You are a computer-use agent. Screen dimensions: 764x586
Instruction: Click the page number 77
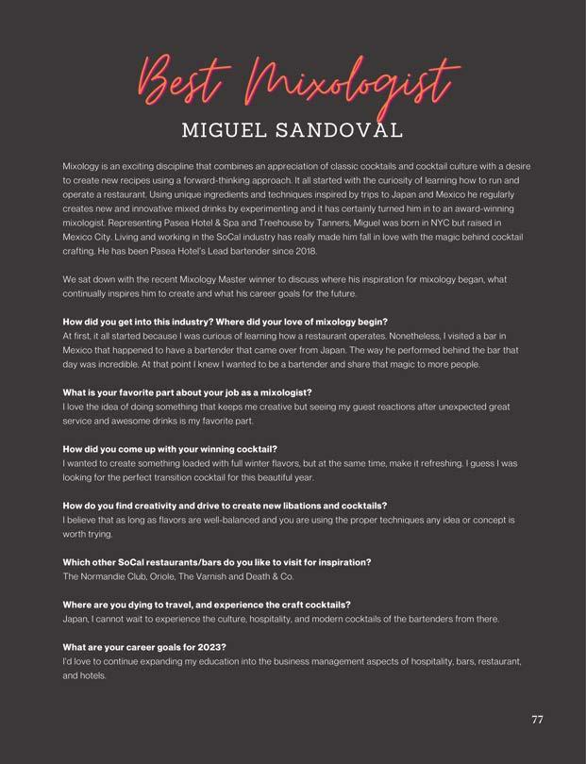click(x=537, y=720)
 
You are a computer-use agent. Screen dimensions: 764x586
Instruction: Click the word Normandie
click(x=107, y=576)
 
